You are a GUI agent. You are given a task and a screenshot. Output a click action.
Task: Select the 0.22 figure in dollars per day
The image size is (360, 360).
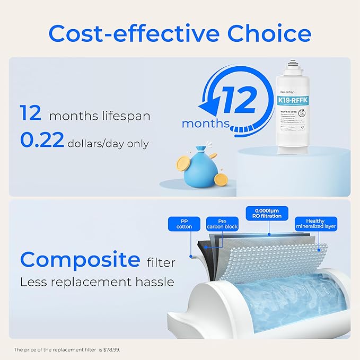click(42, 140)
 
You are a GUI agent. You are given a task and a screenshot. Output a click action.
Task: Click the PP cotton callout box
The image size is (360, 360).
click(185, 223)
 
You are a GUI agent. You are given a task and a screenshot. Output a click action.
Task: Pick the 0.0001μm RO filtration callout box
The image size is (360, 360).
click(267, 213)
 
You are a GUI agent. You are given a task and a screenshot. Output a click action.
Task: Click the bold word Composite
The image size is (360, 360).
click(80, 260)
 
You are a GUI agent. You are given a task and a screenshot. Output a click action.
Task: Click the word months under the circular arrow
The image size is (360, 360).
click(206, 124)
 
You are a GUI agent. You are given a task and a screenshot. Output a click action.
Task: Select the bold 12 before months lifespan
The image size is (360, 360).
click(30, 113)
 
